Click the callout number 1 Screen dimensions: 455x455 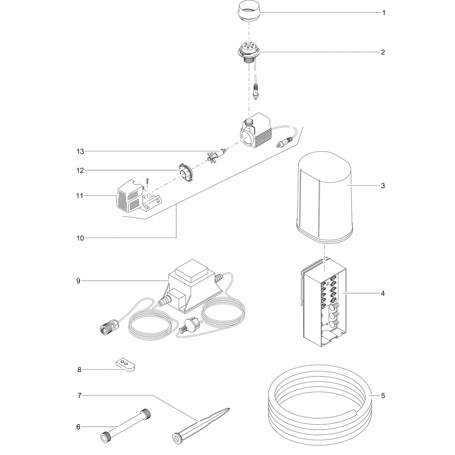click(x=384, y=13)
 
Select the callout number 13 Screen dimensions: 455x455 click(x=80, y=151)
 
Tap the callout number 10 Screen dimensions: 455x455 click(x=80, y=238)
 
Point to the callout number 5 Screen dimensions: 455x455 click(x=383, y=395)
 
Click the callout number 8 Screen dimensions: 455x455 click(x=79, y=370)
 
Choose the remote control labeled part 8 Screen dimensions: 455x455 click(x=125, y=366)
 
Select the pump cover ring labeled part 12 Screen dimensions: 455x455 click(x=186, y=173)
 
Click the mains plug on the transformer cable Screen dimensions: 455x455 click(x=187, y=325)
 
